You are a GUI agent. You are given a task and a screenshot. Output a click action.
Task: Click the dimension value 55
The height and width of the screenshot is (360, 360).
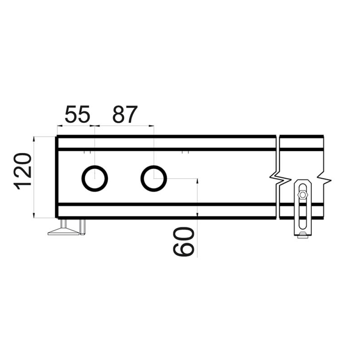tap(77, 114)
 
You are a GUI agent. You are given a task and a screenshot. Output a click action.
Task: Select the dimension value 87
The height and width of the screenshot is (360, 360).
tap(125, 114)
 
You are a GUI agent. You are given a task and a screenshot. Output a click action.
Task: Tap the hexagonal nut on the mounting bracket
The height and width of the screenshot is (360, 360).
tap(303, 195)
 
